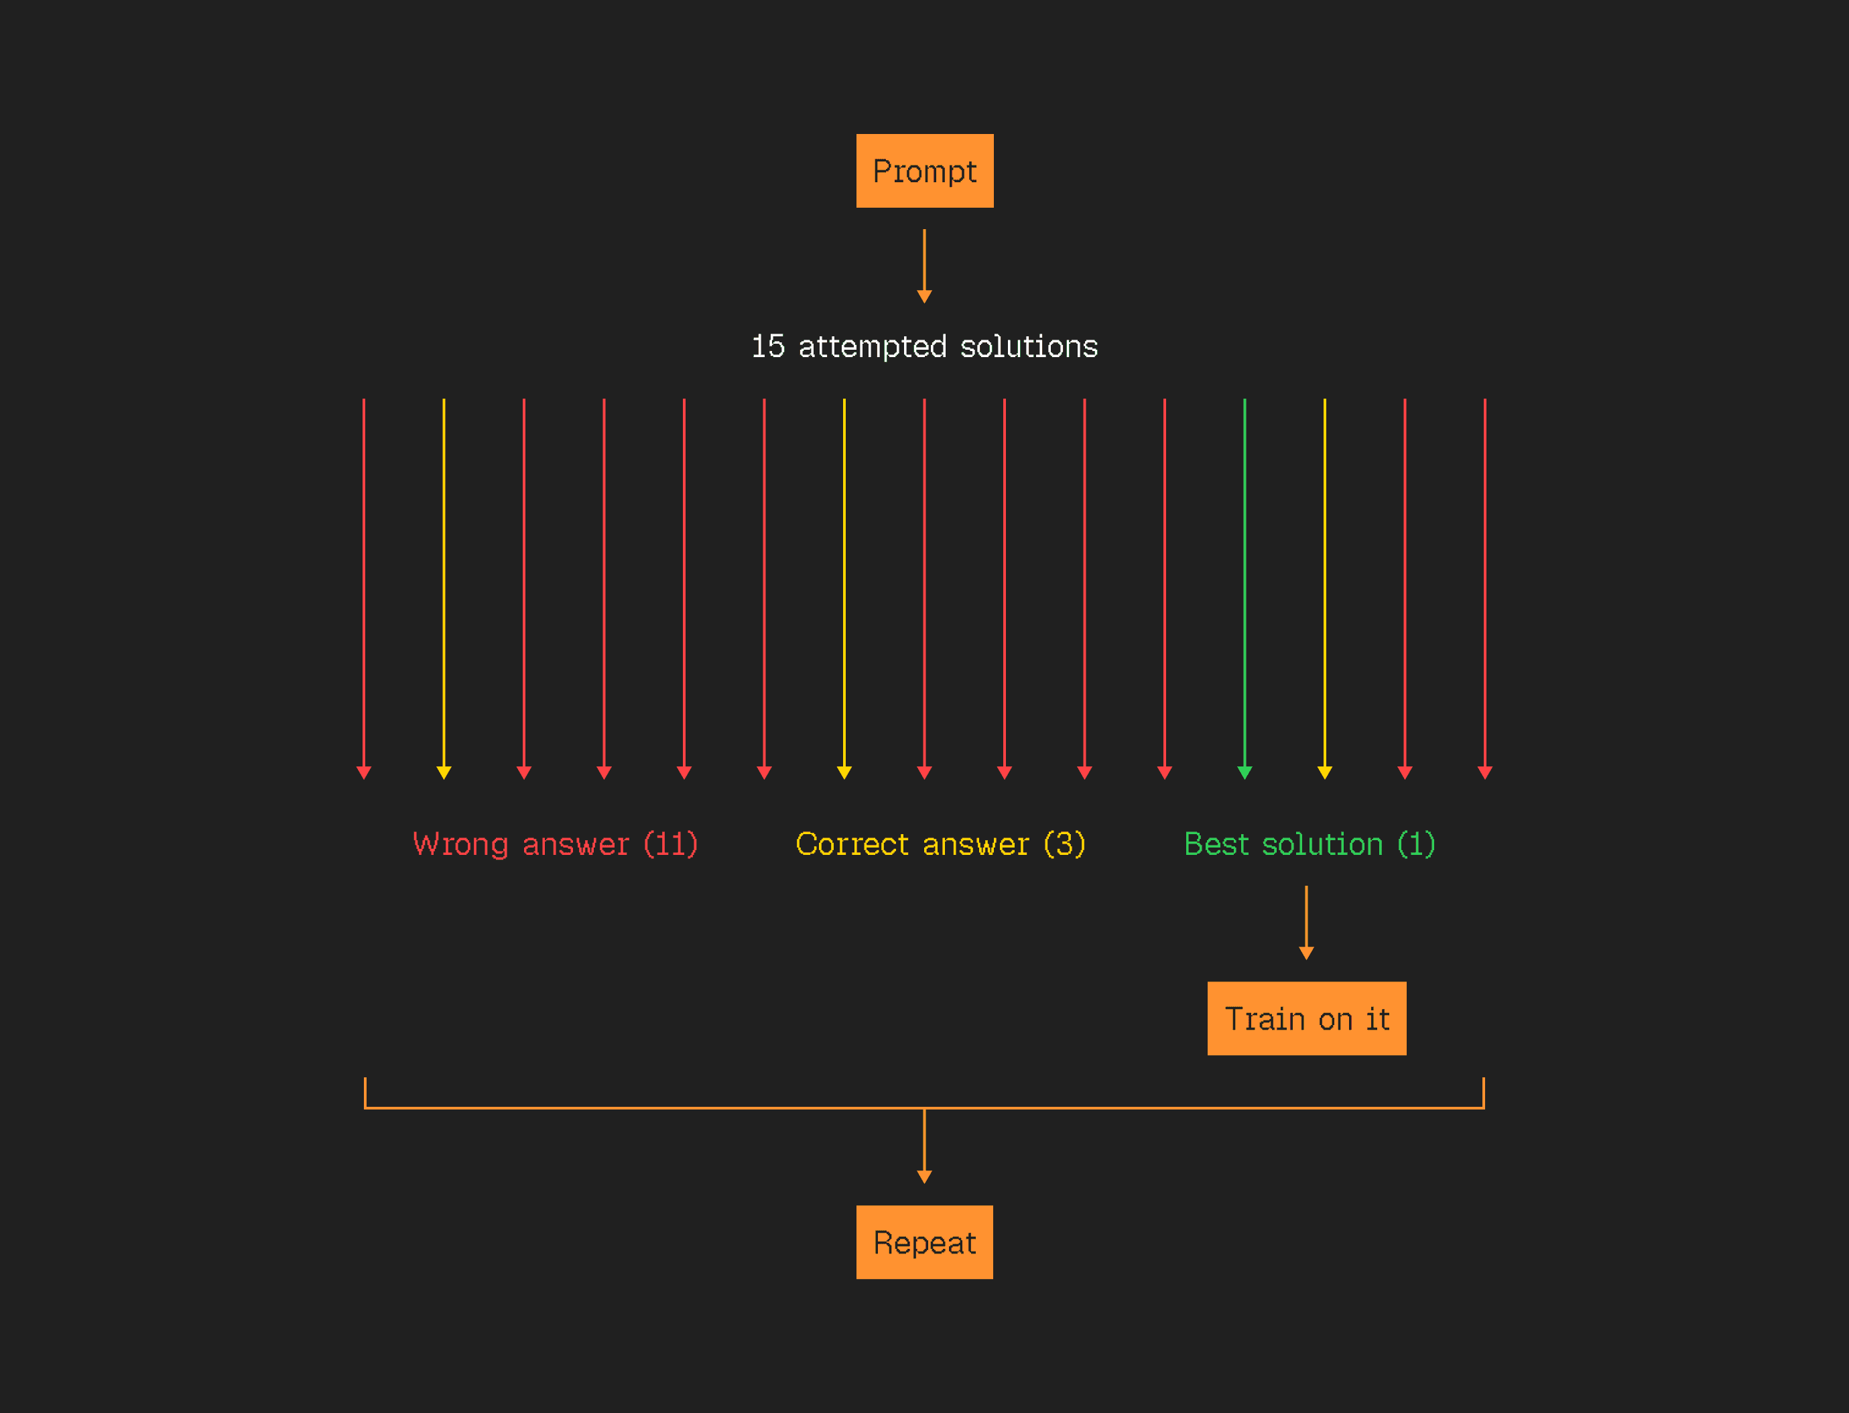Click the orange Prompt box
click(x=925, y=171)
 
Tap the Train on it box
click(x=1306, y=1018)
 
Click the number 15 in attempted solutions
click(x=767, y=346)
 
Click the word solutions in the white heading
click(x=1029, y=346)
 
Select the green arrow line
click(x=1244, y=580)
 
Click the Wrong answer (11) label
click(x=555, y=844)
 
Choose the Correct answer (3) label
click(x=940, y=844)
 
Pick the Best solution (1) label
click(x=1309, y=844)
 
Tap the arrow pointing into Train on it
click(x=1305, y=922)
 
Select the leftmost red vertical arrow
click(x=363, y=580)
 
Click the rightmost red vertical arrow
click(x=1484, y=580)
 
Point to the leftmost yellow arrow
click(x=444, y=580)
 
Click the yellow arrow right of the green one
click(x=1324, y=580)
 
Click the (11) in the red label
click(x=670, y=844)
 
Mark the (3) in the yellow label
click(x=1064, y=844)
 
